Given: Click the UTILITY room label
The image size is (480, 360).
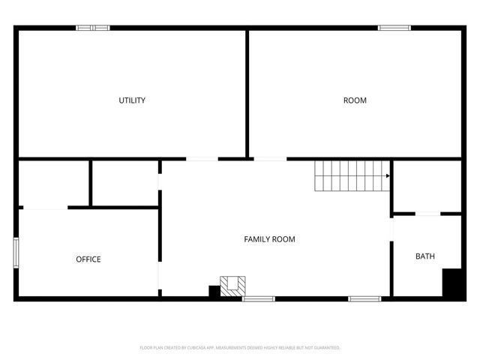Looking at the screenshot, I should [132, 100].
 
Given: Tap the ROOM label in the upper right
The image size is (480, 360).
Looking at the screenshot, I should [355, 100].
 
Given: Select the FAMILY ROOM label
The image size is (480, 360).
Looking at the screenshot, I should [269, 239].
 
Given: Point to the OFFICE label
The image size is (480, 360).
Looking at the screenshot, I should [88, 259].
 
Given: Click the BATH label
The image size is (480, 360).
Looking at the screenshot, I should [425, 256].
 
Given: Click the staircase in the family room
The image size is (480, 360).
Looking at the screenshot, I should [350, 175].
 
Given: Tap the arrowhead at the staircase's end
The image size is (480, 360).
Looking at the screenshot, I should [388, 175].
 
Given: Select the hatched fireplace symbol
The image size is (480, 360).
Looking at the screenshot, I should [232, 284].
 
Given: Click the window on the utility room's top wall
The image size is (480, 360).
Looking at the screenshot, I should [93, 28].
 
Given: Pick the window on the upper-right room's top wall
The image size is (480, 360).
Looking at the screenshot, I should [394, 28].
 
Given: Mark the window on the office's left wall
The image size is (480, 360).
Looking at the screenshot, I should [16, 252].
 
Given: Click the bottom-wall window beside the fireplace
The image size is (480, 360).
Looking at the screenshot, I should [259, 298].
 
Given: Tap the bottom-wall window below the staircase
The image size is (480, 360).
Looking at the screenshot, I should [364, 298].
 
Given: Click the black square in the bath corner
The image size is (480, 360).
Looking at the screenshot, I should [451, 283].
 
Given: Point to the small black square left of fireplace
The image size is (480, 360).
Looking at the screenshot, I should [214, 291].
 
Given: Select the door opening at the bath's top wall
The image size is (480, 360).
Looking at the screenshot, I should [427, 214].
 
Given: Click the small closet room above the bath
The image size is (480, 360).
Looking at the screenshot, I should [426, 185].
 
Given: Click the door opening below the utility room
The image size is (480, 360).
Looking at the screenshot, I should [202, 158].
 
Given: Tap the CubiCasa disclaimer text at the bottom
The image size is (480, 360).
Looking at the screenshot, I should [240, 348].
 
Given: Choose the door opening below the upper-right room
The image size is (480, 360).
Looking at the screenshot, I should [270, 158].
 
